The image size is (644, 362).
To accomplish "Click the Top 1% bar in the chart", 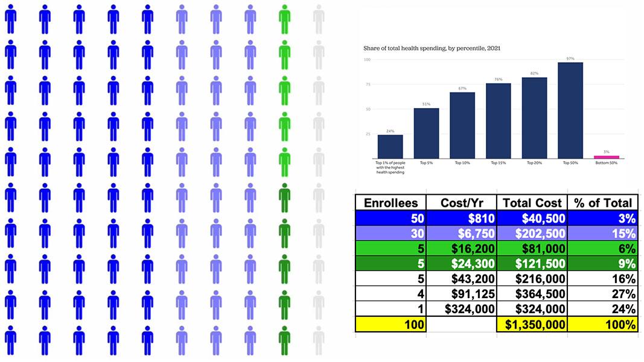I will (x=390, y=147).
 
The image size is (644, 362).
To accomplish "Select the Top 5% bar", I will (x=426, y=133).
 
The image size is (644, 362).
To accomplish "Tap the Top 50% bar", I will (x=570, y=110).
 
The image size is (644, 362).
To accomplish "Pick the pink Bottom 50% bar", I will (x=607, y=157).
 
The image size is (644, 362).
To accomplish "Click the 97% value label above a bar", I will (x=570, y=59).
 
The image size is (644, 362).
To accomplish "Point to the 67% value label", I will (x=462, y=88).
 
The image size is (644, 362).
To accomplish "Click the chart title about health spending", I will (x=432, y=47).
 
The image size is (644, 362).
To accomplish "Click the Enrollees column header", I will (x=390, y=203).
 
